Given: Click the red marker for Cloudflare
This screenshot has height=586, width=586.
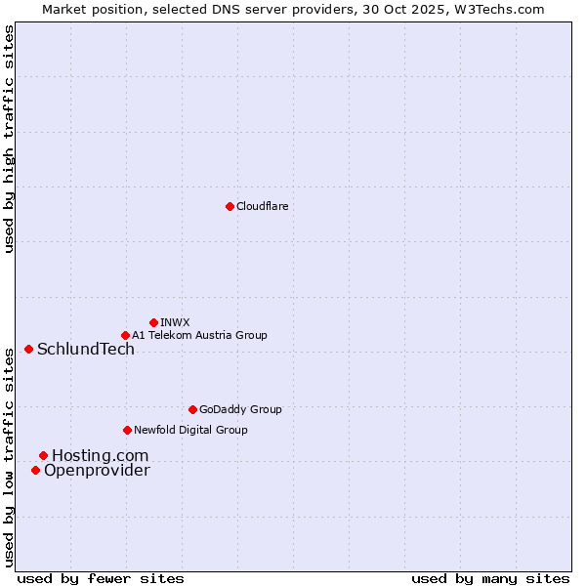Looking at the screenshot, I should pyautogui.click(x=230, y=206).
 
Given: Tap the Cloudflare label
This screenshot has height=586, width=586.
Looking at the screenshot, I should pyautogui.click(x=262, y=206).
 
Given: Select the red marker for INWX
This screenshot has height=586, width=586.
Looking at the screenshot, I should pyautogui.click(x=153, y=322).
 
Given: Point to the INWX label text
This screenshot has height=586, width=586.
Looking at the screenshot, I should pyautogui.click(x=175, y=322).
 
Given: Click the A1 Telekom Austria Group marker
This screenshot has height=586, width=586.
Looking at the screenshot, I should pyautogui.click(x=125, y=335).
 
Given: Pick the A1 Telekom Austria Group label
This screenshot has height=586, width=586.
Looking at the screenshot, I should pyautogui.click(x=199, y=335).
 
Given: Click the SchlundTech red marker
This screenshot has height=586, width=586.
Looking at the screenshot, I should pyautogui.click(x=28, y=349).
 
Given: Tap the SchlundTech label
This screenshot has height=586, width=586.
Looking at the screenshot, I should pyautogui.click(x=86, y=350).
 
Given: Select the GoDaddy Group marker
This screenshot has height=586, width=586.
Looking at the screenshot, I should pyautogui.click(x=192, y=409).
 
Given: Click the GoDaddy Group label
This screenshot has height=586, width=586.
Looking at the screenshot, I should pyautogui.click(x=240, y=409).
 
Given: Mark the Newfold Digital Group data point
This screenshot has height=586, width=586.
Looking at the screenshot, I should pyautogui.click(x=127, y=430).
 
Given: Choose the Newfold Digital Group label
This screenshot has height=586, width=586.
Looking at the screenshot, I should pyautogui.click(x=190, y=430).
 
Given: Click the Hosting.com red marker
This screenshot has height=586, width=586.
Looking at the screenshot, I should pyautogui.click(x=43, y=455).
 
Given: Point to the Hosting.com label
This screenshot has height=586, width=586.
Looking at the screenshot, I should pyautogui.click(x=101, y=456).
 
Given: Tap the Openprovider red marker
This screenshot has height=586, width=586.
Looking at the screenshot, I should pyautogui.click(x=35, y=470).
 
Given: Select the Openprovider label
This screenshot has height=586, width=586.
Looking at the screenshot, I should pyautogui.click(x=97, y=471).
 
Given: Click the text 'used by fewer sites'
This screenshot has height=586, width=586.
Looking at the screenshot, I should pyautogui.click(x=101, y=578).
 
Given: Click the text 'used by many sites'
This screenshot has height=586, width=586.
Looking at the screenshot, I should pyautogui.click(x=490, y=578).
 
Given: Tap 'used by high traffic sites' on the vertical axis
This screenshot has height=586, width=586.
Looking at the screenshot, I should pyautogui.click(x=10, y=139).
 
